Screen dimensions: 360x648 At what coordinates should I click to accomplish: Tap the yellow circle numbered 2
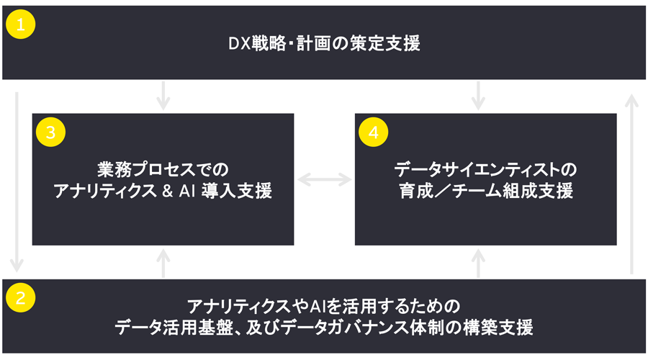[x=21, y=298]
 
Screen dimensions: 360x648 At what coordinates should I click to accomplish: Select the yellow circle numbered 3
[x=50, y=132]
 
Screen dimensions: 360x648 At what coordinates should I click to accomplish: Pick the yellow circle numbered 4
[x=373, y=132]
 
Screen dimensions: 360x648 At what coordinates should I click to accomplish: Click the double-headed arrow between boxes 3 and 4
[x=324, y=179]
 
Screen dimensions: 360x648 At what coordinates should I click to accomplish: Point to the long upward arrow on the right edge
[x=631, y=180]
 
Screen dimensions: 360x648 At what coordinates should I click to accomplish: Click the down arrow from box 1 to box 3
[x=164, y=95]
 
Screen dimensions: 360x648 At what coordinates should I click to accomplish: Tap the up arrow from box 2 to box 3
[x=164, y=262]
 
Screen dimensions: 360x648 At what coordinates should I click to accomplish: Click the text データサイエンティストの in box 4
[x=486, y=170]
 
